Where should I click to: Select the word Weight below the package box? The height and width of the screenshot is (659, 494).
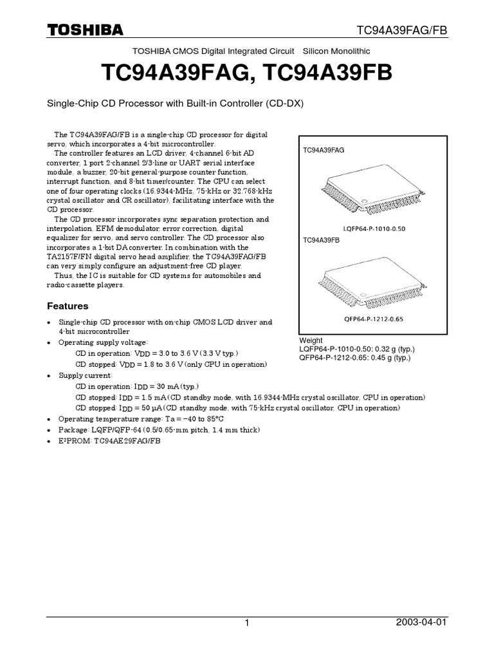click(311, 340)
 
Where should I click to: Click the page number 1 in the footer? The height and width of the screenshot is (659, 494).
click(246, 624)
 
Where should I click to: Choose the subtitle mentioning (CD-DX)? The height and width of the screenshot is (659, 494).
click(176, 104)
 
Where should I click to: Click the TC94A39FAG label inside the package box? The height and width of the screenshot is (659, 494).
click(324, 149)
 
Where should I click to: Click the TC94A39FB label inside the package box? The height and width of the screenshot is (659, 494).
click(322, 239)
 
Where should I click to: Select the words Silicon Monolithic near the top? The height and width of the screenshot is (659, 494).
click(336, 51)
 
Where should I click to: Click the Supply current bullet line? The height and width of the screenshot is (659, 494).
click(86, 375)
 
